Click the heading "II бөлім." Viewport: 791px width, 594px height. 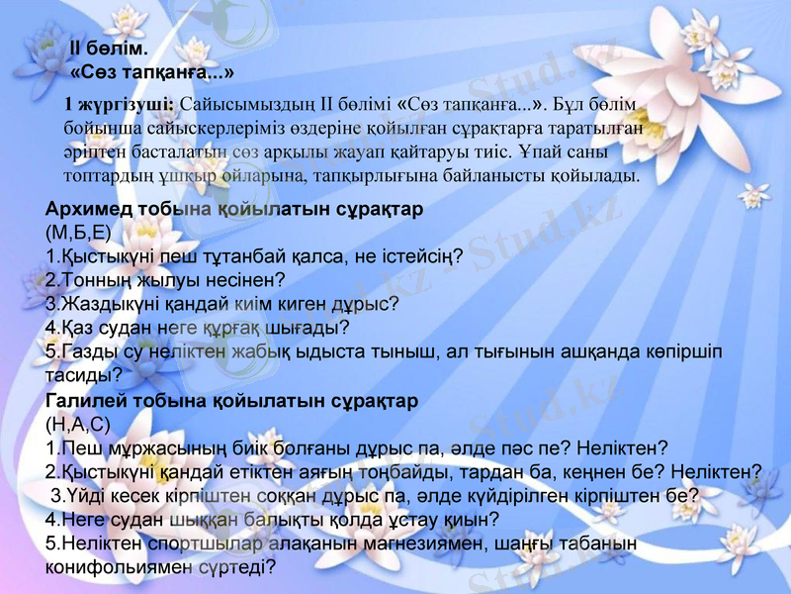pyautogui.click(x=109, y=49)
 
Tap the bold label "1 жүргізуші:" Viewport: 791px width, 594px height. pyautogui.click(x=119, y=103)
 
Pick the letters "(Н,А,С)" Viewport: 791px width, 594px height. pyautogui.click(x=77, y=425)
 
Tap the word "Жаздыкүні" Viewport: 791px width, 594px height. pyautogui.click(x=104, y=304)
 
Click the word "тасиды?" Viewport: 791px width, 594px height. pyautogui.click(x=84, y=374)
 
